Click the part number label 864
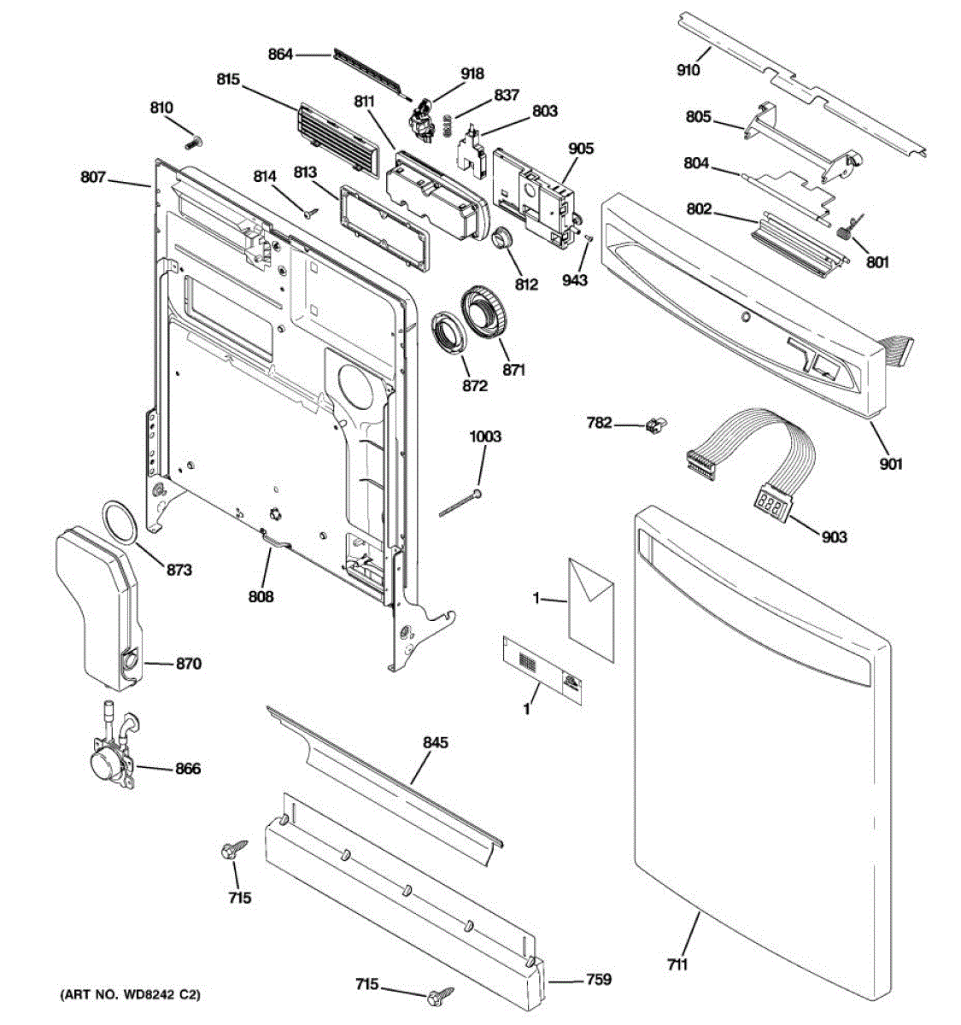click(x=280, y=55)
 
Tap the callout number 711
click(x=677, y=965)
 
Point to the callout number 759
click(x=598, y=980)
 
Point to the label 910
click(x=688, y=71)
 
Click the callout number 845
click(x=435, y=743)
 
